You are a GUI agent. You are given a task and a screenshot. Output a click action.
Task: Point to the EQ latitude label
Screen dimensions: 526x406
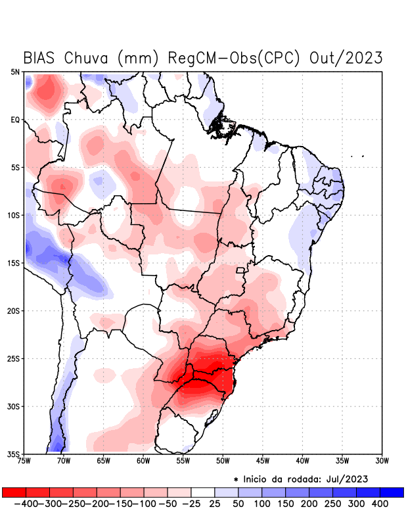coord(15,120)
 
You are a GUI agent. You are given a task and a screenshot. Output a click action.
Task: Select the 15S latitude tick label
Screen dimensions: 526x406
coord(14,263)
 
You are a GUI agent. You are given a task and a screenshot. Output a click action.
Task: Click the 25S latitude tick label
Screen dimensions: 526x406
coord(14,358)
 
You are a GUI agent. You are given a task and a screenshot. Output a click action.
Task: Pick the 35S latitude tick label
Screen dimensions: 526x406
coord(14,454)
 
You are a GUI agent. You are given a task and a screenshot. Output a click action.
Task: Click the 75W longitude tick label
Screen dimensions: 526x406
coord(25,460)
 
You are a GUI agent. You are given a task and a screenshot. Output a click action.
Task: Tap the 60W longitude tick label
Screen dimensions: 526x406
coord(143,460)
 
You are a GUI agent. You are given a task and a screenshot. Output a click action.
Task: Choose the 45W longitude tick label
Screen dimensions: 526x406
coord(263,460)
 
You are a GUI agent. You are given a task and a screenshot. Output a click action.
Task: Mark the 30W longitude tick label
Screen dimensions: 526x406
coord(382,460)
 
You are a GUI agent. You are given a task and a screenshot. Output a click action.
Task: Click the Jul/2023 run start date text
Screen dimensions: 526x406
coord(345,478)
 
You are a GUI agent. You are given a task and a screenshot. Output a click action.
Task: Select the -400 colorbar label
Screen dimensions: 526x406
coord(24,504)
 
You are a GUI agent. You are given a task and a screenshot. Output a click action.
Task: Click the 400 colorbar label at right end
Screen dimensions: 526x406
coord(379,504)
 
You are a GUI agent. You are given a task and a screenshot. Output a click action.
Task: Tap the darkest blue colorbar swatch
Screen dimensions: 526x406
coord(392,492)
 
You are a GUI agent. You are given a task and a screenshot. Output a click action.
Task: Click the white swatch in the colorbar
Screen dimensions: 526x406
coord(202,492)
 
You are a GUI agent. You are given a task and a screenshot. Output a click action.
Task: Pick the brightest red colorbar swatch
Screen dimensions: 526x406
coord(14,492)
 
